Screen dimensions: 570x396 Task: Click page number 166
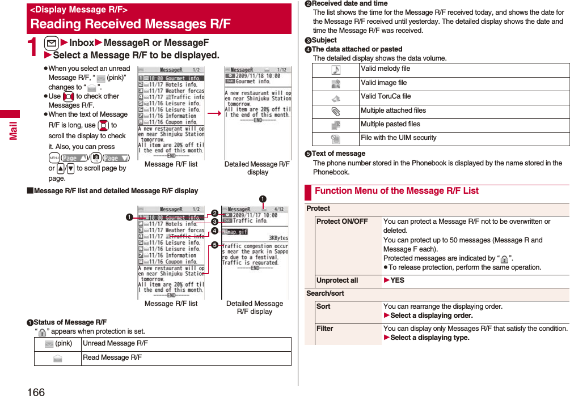click(x=35, y=391)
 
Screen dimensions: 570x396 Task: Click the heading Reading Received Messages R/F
click(x=130, y=24)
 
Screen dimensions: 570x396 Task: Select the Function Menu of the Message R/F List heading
click(x=396, y=191)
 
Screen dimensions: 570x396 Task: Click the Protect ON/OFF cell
click(x=342, y=222)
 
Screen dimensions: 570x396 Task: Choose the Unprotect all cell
click(x=337, y=280)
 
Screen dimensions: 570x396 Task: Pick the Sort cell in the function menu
click(x=323, y=306)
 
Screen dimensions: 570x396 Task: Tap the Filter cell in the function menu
click(x=324, y=329)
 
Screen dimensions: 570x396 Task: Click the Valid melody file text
click(x=385, y=69)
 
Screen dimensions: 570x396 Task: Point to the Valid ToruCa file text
click(x=386, y=96)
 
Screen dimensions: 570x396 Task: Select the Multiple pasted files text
click(x=390, y=124)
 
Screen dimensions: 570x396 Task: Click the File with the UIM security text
click(x=398, y=138)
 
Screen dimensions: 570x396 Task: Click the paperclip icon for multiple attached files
click(x=336, y=111)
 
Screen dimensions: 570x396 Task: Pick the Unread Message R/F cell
click(x=115, y=343)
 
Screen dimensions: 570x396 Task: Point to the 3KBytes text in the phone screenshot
click(x=277, y=238)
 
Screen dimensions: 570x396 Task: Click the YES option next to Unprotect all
click(x=397, y=280)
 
